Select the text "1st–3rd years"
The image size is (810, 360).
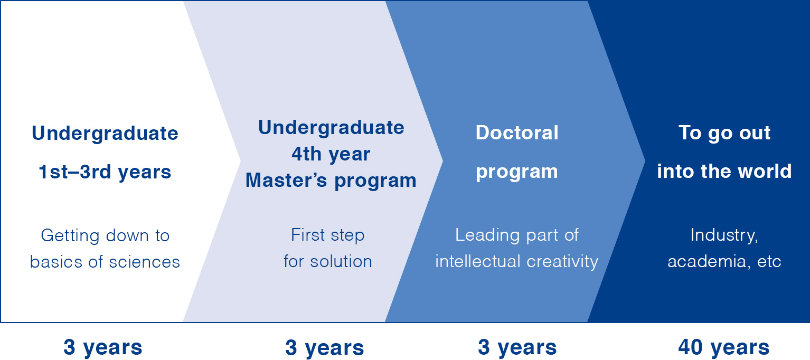[x=105, y=172]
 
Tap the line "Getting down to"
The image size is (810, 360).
[x=105, y=236]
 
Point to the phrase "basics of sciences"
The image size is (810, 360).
[x=105, y=262]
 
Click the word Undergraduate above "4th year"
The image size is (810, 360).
[x=331, y=128]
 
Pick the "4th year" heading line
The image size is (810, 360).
[x=331, y=154]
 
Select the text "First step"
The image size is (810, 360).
[x=327, y=235]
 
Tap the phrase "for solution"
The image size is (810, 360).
[x=327, y=261]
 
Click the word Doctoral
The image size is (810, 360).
[x=517, y=132]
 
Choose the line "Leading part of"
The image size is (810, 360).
[x=517, y=235]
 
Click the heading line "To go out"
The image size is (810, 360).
[x=724, y=134]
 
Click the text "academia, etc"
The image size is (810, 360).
[x=724, y=262]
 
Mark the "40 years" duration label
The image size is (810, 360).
[x=723, y=348]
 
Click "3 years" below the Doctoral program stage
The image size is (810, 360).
[x=517, y=348]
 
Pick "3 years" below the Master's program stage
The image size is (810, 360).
[x=324, y=348]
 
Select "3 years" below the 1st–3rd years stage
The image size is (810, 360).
[x=102, y=348]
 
